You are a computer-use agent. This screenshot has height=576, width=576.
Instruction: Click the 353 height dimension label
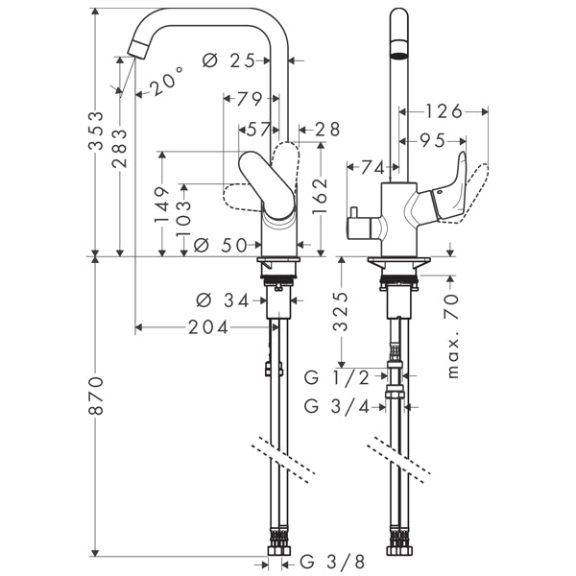(97, 134)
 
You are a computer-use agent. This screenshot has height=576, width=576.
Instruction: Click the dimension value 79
(250, 99)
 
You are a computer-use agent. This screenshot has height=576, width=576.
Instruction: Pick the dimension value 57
(257, 128)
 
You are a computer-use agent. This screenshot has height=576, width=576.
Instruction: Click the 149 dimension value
(162, 204)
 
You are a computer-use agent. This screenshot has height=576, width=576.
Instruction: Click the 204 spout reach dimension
(208, 327)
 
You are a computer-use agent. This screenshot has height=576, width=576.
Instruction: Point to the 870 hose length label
(97, 396)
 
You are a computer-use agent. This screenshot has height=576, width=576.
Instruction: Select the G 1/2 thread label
(336, 376)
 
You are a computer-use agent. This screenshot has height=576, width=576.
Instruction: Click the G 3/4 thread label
(336, 406)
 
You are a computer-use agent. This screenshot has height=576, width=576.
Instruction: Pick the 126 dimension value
(444, 111)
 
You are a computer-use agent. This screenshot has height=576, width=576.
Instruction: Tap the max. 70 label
(451, 338)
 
